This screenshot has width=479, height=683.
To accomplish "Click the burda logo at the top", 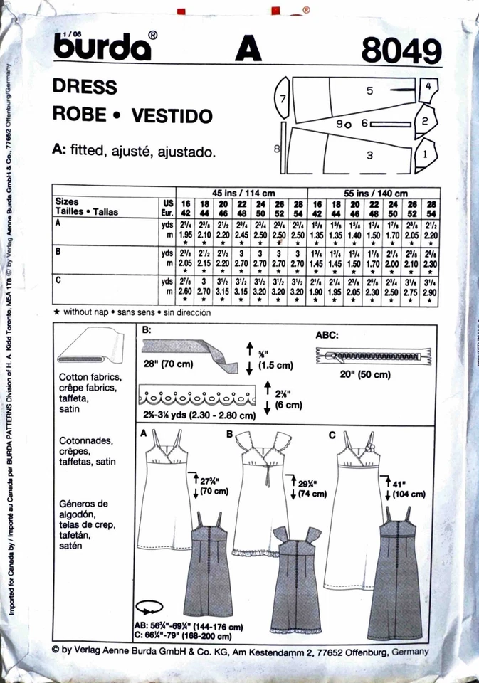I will point(107,47).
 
